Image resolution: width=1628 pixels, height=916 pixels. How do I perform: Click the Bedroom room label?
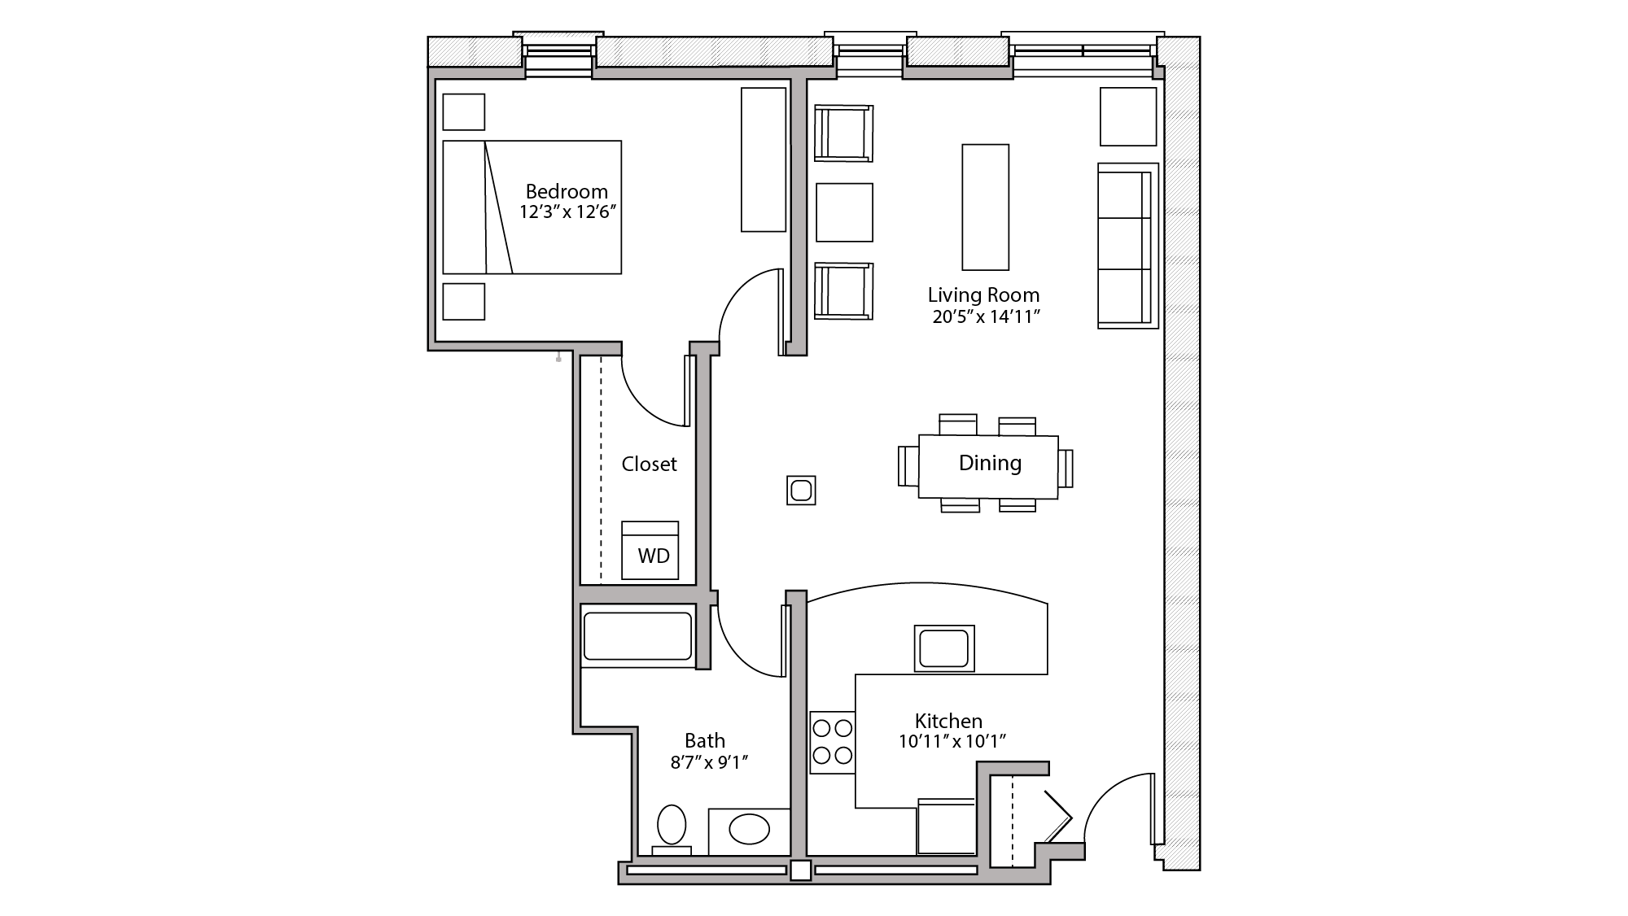click(567, 191)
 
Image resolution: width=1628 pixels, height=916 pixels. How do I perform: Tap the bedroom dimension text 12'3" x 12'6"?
click(567, 212)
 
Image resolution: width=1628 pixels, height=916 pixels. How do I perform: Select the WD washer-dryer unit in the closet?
click(650, 552)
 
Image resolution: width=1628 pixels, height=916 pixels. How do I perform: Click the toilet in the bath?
click(672, 826)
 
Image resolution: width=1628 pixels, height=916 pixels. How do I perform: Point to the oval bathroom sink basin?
click(749, 831)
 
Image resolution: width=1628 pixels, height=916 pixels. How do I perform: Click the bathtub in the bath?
click(637, 635)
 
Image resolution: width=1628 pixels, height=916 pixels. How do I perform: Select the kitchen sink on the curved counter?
click(944, 648)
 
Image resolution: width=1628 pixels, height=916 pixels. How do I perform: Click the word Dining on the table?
click(990, 463)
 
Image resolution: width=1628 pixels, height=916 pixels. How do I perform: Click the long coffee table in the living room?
click(985, 207)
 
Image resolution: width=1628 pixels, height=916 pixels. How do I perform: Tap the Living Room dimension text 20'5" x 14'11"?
click(985, 317)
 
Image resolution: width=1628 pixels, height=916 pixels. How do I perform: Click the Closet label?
click(649, 464)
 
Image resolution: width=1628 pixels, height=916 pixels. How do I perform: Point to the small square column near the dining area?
click(801, 491)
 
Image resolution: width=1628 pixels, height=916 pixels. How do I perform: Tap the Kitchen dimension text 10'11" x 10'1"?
click(952, 741)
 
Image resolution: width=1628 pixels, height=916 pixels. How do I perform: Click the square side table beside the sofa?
click(1128, 116)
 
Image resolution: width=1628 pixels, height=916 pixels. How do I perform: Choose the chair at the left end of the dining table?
click(908, 466)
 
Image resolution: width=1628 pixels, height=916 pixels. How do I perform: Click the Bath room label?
click(704, 740)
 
